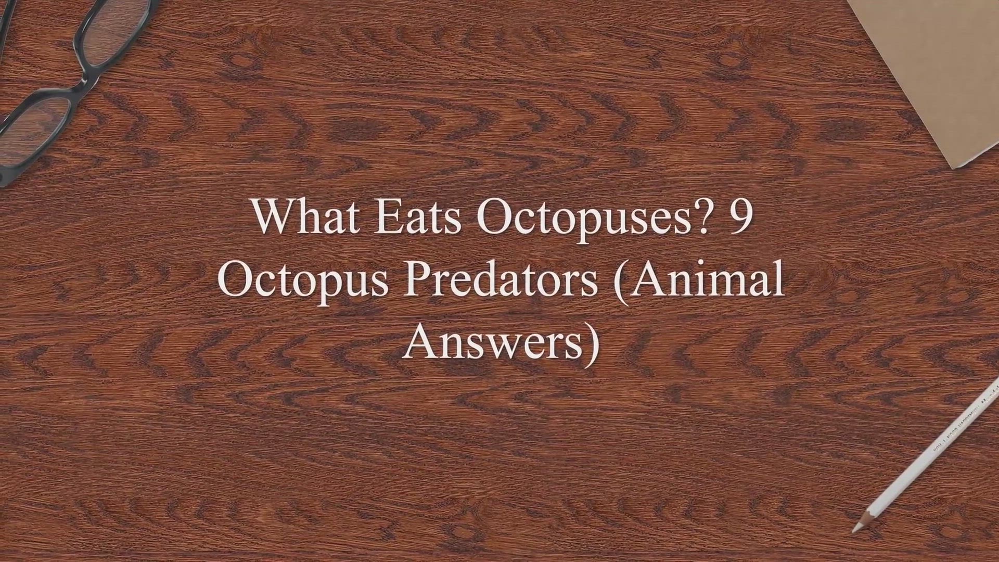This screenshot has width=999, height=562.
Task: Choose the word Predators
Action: click(501, 279)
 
